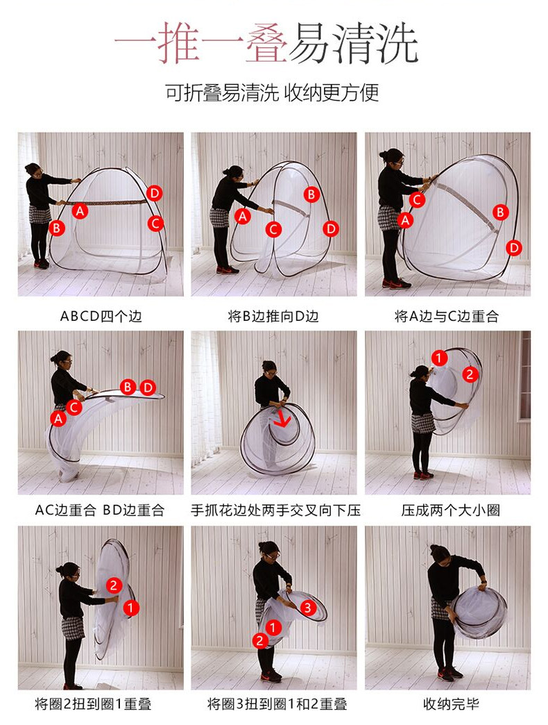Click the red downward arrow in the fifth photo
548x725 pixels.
[x=282, y=419]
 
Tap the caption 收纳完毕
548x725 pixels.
[x=451, y=703]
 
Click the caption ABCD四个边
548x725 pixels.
[x=101, y=316]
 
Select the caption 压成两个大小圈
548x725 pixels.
[x=451, y=510]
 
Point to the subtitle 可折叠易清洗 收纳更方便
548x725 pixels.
[x=273, y=92]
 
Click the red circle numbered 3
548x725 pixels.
[x=308, y=608]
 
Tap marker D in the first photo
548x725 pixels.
[x=154, y=193]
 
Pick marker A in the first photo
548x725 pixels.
[x=80, y=211]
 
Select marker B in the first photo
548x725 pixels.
[x=57, y=228]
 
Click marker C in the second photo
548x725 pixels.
[x=273, y=229]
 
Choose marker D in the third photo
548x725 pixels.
[x=513, y=248]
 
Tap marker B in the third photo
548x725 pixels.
[x=500, y=212]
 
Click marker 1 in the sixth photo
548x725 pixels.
[x=439, y=358]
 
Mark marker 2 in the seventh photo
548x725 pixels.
[x=114, y=585]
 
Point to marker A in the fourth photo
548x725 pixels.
[x=58, y=419]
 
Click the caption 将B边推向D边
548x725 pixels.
[x=273, y=316]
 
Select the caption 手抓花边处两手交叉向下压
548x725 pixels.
[x=275, y=510]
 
